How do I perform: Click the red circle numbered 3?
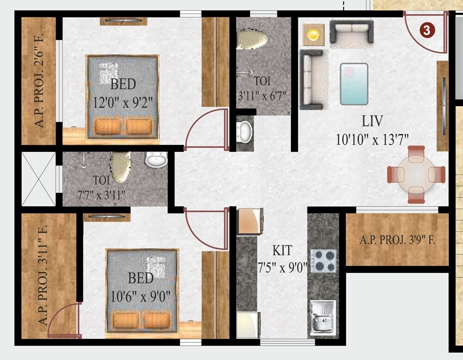click(426, 30)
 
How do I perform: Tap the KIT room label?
click(282, 251)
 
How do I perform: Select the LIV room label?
click(372, 122)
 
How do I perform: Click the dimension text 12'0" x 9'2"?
click(123, 100)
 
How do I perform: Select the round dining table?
click(417, 174)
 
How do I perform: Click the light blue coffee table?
click(354, 84)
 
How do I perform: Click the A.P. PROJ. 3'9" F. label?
click(397, 241)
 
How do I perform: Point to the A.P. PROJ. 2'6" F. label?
click(39, 81)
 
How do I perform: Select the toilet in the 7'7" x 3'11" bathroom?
click(119, 167)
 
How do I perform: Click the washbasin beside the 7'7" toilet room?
click(156, 161)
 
